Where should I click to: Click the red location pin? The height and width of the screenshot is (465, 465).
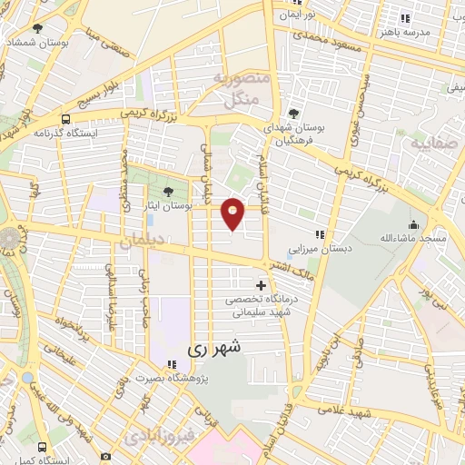coord(233,213)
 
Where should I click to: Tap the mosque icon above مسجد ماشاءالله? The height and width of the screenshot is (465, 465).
coord(413,224)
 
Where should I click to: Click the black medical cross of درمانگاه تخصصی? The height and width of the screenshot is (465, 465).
coord(262,286)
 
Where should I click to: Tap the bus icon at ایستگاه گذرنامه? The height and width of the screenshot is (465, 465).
coord(65,119)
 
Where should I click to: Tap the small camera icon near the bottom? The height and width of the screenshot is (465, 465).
coord(105,455)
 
